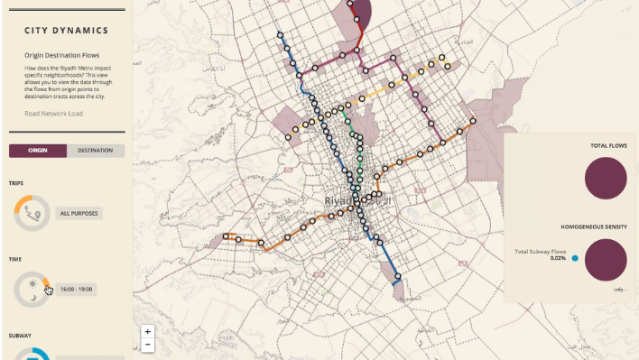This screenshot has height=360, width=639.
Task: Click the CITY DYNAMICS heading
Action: point(67,31)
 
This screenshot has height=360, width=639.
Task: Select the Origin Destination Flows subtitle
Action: point(62,55)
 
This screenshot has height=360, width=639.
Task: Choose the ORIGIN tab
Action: point(38,151)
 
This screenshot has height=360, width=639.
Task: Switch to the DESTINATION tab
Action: point(96,151)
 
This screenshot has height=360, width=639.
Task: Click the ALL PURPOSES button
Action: point(79,214)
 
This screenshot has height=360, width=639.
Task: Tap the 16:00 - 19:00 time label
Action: point(76,289)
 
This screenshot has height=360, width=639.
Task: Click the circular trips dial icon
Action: point(32,213)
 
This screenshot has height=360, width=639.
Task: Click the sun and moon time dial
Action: point(32,289)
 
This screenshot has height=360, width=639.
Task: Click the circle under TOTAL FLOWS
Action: point(606,177)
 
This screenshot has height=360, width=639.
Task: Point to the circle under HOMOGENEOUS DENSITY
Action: point(606,260)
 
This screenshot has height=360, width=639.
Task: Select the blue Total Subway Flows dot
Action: point(575,258)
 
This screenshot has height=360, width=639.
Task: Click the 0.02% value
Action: point(558,259)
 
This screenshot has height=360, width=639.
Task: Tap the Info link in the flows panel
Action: point(618,290)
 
